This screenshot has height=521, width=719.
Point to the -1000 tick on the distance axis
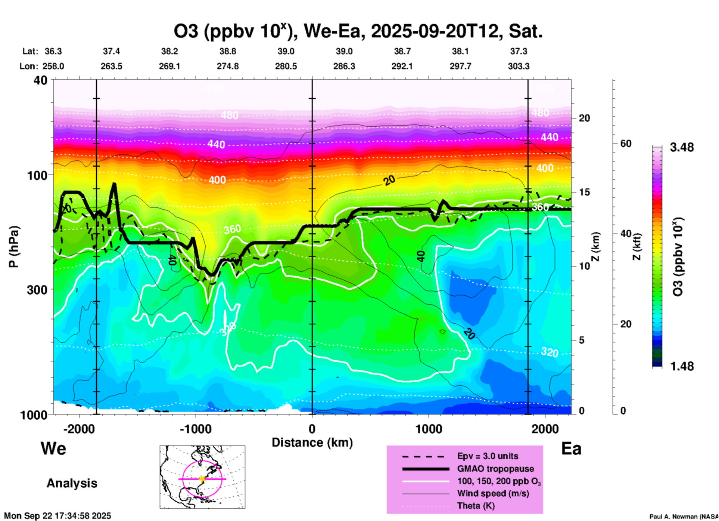click(196, 429)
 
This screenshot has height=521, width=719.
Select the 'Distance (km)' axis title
click(312, 443)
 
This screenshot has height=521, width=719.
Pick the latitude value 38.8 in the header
click(228, 51)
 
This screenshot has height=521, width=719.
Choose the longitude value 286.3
click(344, 66)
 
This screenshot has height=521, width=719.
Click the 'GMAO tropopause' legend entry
click(495, 469)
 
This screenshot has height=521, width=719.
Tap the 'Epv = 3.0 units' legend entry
click(488, 456)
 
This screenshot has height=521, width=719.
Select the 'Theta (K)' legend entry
click(476, 506)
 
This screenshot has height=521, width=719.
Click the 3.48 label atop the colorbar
click(682, 148)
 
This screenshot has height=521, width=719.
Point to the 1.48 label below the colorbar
click(682, 366)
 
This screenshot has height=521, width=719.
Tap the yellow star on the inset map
click(202, 479)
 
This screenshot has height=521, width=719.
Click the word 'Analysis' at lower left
click(72, 483)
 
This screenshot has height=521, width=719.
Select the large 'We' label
click(53, 448)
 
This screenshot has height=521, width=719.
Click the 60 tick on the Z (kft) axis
click(626, 144)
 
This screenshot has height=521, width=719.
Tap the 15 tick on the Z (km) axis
click(584, 192)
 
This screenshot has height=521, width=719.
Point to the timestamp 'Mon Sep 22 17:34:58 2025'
click(57, 516)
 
